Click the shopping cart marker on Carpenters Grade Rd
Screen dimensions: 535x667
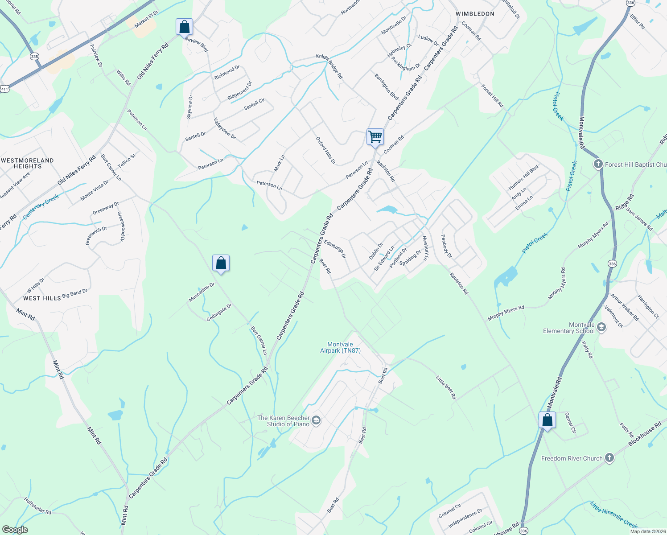coord(375,136)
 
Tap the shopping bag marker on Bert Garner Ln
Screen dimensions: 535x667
coord(221,264)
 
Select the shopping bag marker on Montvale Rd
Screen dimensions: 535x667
coord(547,420)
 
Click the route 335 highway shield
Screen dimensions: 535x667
coord(34,57)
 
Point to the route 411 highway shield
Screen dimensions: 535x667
coord(4,89)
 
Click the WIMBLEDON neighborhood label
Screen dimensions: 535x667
coord(475,14)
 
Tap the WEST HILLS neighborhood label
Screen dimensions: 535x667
coord(42,298)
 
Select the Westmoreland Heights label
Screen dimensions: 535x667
coord(28,163)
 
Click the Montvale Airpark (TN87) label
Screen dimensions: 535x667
coord(340,347)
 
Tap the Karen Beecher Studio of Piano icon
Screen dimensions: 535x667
coord(316,421)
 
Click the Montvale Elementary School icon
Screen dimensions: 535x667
coord(601,328)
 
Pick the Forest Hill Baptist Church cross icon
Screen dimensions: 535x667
coord(598,165)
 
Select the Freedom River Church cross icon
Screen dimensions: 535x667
coord(609,458)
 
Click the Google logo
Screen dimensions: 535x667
coord(15,530)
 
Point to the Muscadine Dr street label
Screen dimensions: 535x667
coord(201,292)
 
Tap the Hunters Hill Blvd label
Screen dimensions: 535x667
coord(523,177)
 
